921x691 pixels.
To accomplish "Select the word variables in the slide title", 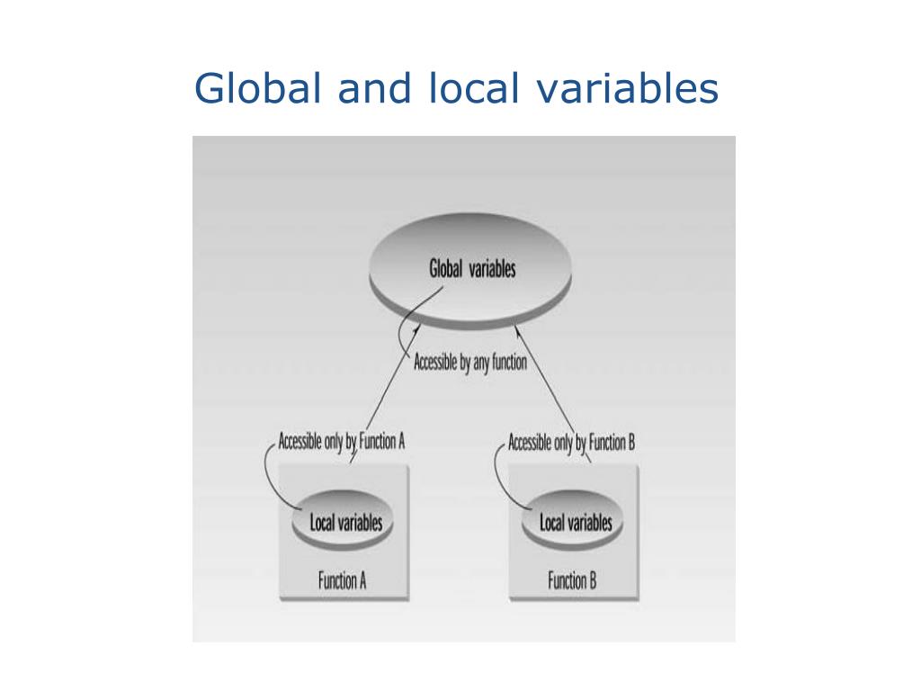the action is [630, 90].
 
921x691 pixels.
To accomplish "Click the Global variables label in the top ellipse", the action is [472, 268].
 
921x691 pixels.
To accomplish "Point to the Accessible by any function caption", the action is [469, 364].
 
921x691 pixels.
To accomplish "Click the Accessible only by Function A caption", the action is [342, 442].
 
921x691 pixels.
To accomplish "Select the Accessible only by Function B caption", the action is [572, 442].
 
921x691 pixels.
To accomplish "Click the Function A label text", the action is [342, 580].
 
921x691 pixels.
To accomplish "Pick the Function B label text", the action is [572, 580].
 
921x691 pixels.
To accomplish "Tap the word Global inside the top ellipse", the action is [446, 268].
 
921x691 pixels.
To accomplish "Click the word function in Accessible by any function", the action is [509, 364].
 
